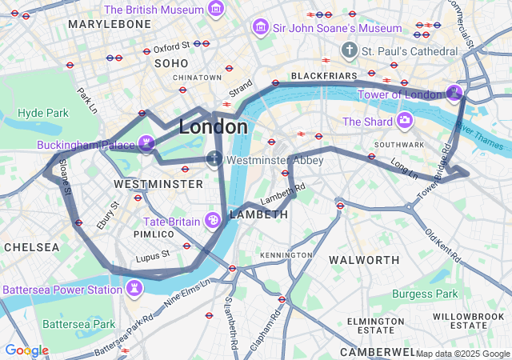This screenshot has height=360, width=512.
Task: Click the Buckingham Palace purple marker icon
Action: pos(146,143)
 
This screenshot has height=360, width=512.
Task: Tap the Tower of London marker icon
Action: pos(454,94)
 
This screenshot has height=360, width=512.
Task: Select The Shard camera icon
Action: pos(406,122)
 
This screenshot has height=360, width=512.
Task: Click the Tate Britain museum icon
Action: pos(214,220)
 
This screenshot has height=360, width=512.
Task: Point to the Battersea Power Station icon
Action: pos(134,288)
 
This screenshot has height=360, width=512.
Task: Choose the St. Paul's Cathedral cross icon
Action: pos(349,50)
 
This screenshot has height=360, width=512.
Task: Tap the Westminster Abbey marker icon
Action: pos(214,158)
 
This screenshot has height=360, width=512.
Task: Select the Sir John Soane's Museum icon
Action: pos(260,28)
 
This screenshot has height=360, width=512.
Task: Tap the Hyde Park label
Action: pos(44,113)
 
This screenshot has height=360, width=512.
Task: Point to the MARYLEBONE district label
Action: pos(110,25)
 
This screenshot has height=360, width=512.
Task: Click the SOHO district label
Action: pos(170,62)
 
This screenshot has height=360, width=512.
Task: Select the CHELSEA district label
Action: pos(31,247)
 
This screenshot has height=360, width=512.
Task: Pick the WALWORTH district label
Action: pos(364,260)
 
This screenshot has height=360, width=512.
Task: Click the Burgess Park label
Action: pos(426,294)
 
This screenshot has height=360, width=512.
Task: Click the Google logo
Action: pos(26,350)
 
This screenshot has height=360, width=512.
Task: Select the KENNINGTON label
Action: pos(286,254)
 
